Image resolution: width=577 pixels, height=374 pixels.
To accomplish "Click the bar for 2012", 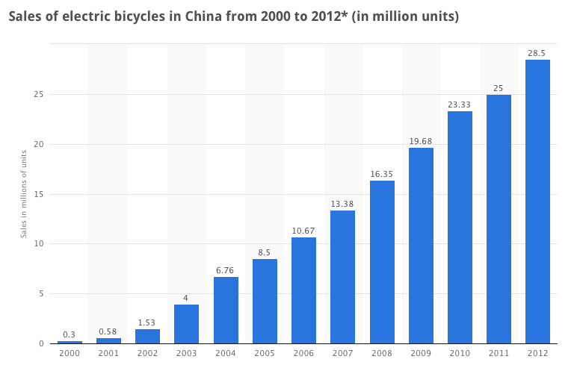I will tap(537, 202).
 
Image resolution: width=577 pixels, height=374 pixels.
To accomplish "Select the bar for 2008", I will tap(382, 262).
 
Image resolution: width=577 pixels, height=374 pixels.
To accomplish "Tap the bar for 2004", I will tap(226, 310).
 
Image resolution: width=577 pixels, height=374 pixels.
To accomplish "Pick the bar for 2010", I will tap(460, 227).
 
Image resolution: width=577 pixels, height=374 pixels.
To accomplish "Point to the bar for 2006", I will tap(303, 290).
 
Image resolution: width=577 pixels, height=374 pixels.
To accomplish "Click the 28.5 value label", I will tap(537, 53).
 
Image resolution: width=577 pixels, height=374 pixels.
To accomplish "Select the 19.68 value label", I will tap(421, 141).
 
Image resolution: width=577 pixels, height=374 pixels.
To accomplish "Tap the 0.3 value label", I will tap(70, 334).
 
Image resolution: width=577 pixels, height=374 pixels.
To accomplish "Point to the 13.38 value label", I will tap(342, 204).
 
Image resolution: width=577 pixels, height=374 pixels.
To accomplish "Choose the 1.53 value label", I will tap(147, 322).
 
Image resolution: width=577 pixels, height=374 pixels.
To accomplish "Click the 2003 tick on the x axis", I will tap(187, 352).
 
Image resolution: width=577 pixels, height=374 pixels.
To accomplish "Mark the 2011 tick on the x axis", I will tap(499, 352).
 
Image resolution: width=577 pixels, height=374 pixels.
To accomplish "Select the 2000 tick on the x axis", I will tap(70, 352).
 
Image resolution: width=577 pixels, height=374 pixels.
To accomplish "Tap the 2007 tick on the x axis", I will tap(342, 352).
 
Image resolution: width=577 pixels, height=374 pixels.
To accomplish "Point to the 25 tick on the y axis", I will tap(37, 95).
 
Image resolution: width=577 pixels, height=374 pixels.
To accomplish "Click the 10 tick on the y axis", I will tap(37, 244).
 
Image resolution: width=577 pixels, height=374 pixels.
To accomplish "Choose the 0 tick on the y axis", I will tap(40, 343).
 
